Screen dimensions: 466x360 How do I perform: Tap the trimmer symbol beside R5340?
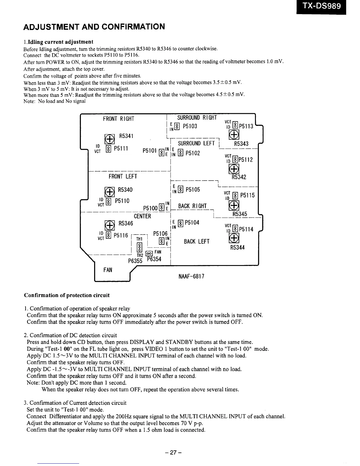click(109, 192)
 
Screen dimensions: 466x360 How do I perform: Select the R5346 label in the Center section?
click(126, 223)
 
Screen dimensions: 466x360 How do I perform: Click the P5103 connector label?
click(190, 126)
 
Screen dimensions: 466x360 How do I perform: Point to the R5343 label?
click(241, 144)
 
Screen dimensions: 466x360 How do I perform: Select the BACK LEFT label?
click(196, 242)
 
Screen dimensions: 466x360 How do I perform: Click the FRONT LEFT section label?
click(123, 176)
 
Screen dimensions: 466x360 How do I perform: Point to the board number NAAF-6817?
click(191, 276)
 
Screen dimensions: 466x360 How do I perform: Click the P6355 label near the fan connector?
click(135, 261)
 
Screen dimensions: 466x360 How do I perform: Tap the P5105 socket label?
click(193, 189)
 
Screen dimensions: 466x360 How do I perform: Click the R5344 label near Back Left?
click(237, 247)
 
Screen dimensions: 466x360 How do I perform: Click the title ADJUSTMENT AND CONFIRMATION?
click(94, 27)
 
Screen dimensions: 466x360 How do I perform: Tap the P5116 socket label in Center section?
click(121, 235)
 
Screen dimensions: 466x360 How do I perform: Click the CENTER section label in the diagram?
click(142, 216)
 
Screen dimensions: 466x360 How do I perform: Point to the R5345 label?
click(240, 214)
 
